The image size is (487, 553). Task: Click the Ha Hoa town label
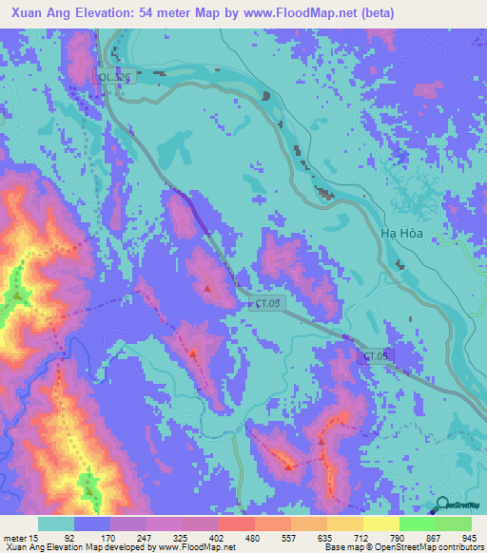click(x=400, y=233)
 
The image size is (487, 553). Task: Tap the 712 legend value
click(x=362, y=538)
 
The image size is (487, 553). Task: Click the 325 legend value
click(x=181, y=538)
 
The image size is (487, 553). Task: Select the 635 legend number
click(x=326, y=538)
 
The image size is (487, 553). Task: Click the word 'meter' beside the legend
click(x=16, y=538)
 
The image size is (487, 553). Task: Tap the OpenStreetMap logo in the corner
click(x=460, y=506)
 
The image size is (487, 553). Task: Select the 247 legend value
click(x=146, y=538)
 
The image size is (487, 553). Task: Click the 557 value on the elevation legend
click(x=290, y=538)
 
